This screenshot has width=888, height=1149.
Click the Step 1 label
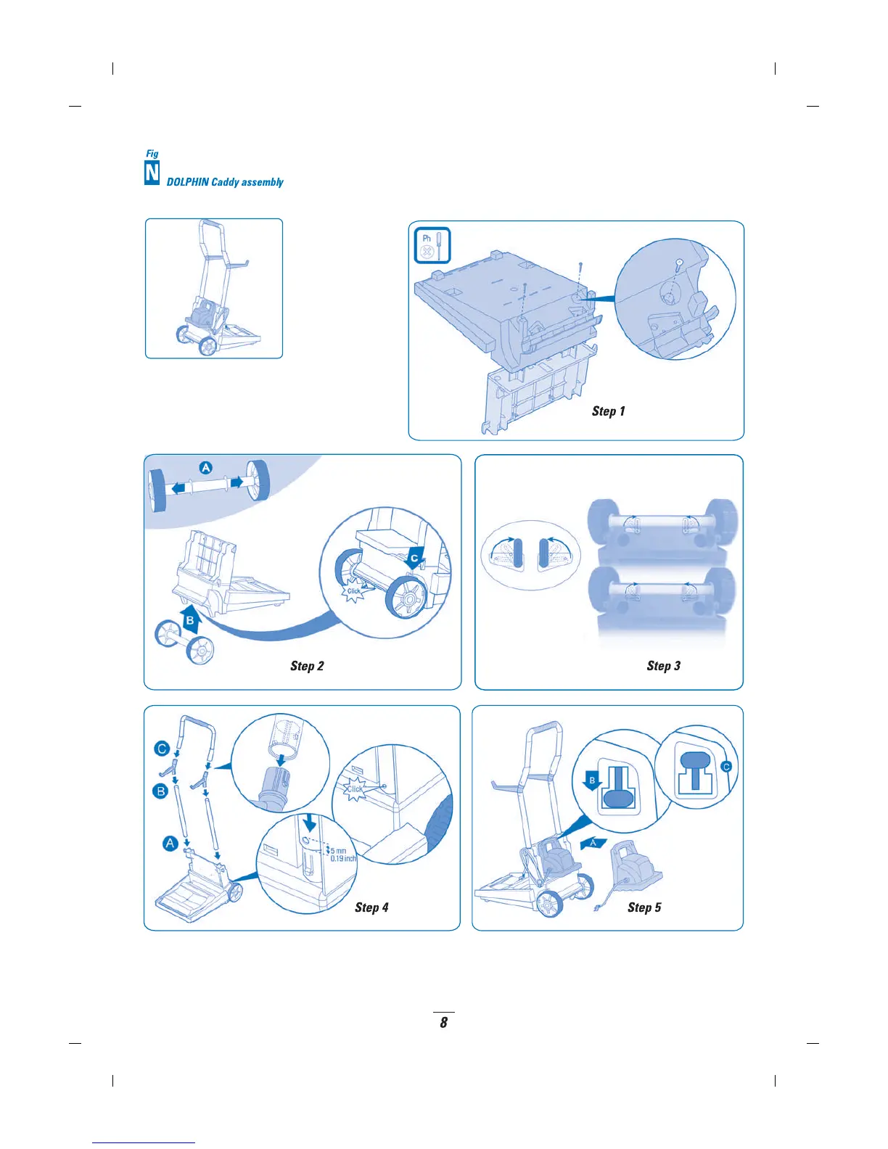point(608,411)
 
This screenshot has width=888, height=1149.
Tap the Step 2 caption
point(307,666)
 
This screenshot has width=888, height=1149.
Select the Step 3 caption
point(663,666)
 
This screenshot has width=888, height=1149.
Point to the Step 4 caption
point(371,907)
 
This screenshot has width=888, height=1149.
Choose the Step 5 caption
point(644,907)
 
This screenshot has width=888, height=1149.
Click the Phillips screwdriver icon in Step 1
point(432,245)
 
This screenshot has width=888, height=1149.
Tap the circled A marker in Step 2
point(206,468)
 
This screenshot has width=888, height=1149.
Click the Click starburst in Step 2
point(353,590)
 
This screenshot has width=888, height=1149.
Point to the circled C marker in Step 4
point(162,749)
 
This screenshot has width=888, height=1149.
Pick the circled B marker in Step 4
point(160,791)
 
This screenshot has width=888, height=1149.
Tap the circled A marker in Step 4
point(170,843)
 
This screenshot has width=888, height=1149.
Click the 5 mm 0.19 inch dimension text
point(342,854)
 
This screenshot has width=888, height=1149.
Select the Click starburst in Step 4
point(355,789)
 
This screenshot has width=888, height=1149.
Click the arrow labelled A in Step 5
point(593,843)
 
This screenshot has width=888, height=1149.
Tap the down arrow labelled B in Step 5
point(592,781)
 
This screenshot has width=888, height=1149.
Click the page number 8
point(444,1023)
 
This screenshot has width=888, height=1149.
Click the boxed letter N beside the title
point(152,173)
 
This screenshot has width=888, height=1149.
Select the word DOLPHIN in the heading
point(187,182)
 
